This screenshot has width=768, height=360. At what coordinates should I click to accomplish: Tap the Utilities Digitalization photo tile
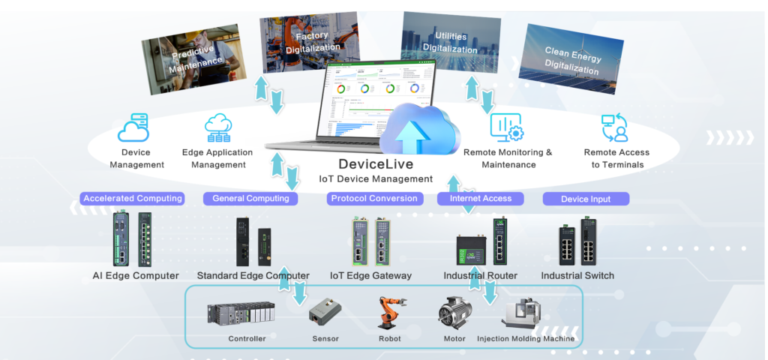click(451, 42)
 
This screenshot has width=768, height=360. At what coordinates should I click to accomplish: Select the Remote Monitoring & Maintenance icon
click(506, 127)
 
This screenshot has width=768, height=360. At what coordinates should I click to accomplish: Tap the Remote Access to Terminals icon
click(615, 127)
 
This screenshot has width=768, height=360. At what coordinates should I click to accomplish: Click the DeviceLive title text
click(376, 164)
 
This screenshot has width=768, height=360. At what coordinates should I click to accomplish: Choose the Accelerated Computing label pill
click(133, 199)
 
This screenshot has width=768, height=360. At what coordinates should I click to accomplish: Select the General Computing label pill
click(250, 199)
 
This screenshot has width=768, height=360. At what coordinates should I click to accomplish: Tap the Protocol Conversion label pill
click(374, 199)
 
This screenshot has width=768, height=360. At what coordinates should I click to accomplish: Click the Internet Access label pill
click(480, 199)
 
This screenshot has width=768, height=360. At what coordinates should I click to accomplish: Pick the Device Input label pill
click(586, 199)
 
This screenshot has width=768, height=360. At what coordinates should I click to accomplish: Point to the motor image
click(454, 313)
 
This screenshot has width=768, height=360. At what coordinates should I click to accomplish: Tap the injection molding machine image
click(526, 314)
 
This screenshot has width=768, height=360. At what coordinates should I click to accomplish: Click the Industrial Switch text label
click(577, 275)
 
